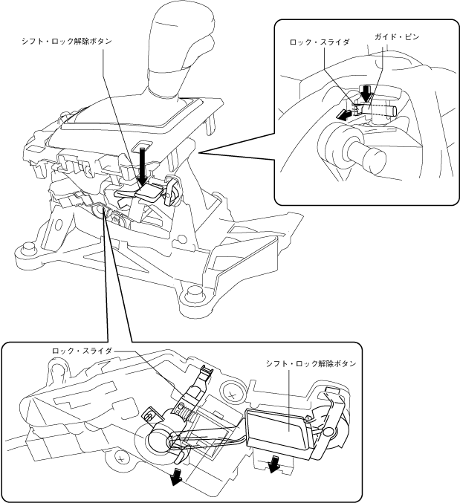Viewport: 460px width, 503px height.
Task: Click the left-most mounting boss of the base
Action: (27, 248)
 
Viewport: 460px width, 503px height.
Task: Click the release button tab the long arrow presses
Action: (149, 192)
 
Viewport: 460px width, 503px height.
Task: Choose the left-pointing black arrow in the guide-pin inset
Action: (344, 115)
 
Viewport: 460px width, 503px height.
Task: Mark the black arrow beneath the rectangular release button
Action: (275, 464)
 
